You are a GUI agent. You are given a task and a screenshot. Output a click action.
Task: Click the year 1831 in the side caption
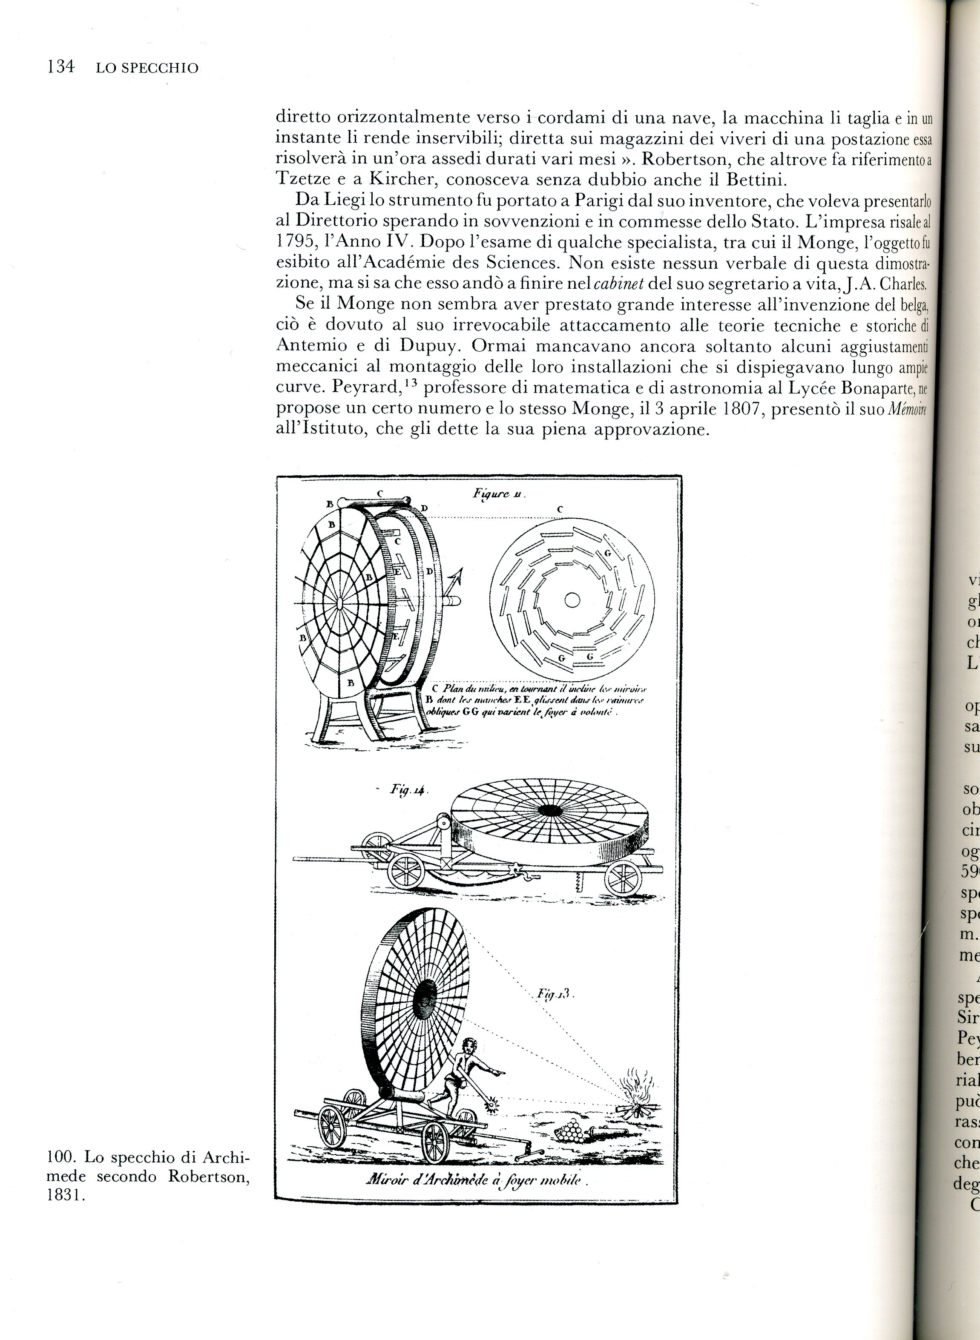pyautogui.click(x=66, y=1195)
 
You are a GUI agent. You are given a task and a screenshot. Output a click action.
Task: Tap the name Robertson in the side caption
pyautogui.click(x=208, y=1176)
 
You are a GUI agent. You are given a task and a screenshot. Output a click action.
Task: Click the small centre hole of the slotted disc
pyautogui.click(x=572, y=600)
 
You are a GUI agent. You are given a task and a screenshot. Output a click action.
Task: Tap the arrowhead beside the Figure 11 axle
pyautogui.click(x=457, y=574)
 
